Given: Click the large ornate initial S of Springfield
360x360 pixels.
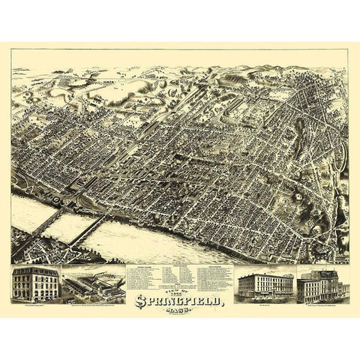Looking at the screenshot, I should point(140,301).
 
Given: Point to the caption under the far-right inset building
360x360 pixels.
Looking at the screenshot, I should point(321,306).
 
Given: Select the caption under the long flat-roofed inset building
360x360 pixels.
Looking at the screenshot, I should point(265,305).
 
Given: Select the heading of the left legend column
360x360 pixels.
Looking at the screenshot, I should point(146,266).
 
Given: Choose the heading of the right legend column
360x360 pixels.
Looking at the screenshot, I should point(213,266).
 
